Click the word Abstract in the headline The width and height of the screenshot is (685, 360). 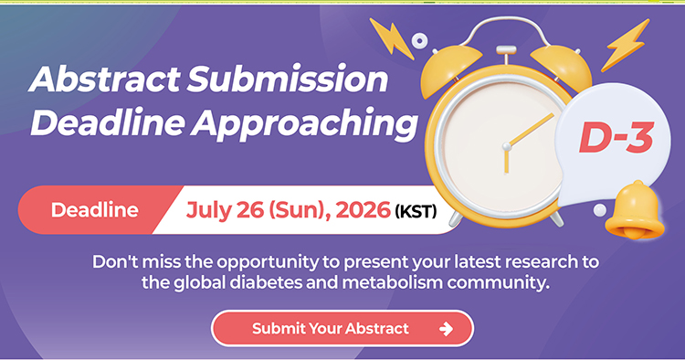coord(105,79)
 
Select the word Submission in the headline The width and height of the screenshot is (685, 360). coord(288,79)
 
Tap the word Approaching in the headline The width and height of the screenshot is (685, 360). coord(304,123)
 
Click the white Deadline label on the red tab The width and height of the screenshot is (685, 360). coord(95,210)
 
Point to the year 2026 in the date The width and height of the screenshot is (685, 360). coord(363,210)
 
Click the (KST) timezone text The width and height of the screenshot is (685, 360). coord(416,212)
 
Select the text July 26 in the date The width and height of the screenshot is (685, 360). coord(225,210)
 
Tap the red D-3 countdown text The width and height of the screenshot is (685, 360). coord(616,138)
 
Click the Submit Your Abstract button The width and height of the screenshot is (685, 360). coord(342,329)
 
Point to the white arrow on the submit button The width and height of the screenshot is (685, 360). coord(446,329)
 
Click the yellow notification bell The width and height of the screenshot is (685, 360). coord(635,210)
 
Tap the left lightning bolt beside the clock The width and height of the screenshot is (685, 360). coord(392,38)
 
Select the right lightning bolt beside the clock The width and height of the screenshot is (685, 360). coord(625,45)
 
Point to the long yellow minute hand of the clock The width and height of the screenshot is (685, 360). coord(530,130)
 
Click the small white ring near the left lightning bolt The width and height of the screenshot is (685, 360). coord(420,40)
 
